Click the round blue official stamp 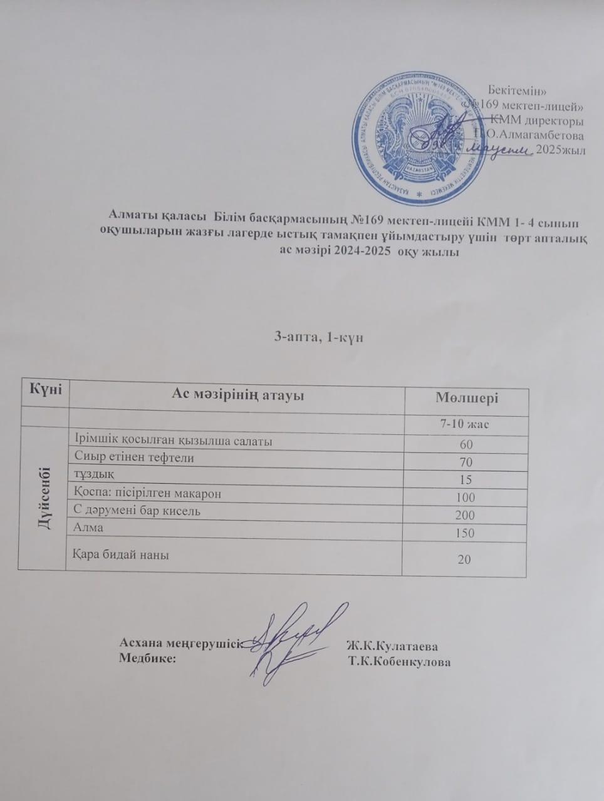click(x=414, y=137)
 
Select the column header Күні click(x=43, y=389)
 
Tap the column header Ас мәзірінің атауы click(x=237, y=395)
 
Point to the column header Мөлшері click(x=467, y=399)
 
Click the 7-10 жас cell click(x=466, y=424)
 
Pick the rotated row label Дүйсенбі click(x=44, y=497)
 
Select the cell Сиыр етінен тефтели click(x=134, y=457)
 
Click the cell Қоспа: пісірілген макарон click(x=148, y=493)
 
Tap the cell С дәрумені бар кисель click(x=137, y=511)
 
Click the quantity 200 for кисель click(x=465, y=516)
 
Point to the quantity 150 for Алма click(x=465, y=534)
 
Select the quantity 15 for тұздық click(x=465, y=480)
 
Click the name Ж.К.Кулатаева click(x=392, y=646)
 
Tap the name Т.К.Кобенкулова click(x=400, y=662)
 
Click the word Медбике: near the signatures click(x=148, y=658)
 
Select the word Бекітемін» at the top click(x=519, y=91)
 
